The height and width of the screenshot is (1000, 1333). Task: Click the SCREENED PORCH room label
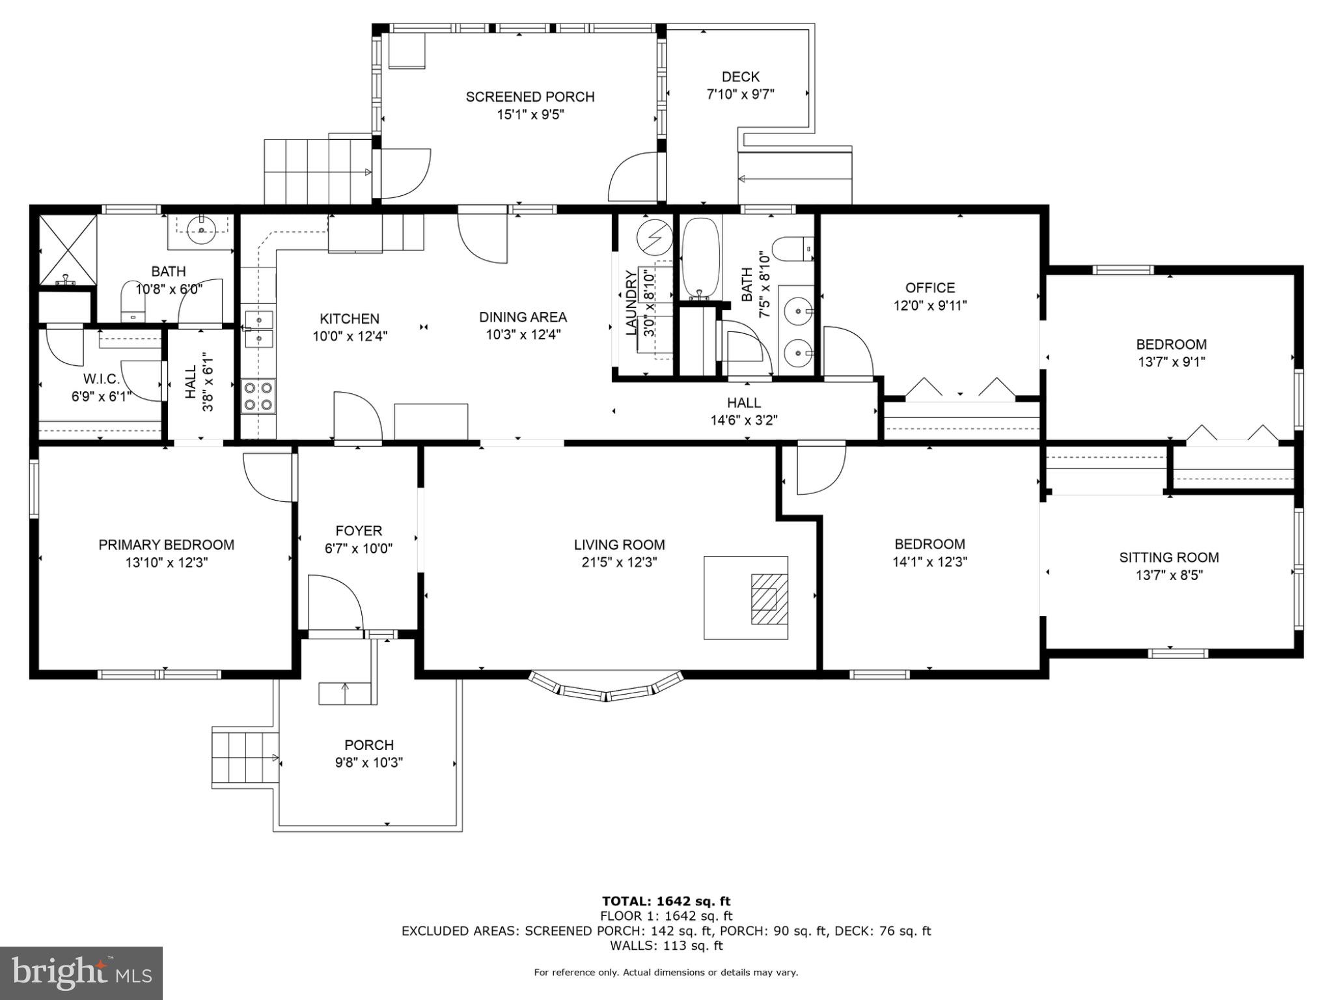[x=530, y=97]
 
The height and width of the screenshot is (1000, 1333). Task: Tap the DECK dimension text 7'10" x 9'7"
[x=740, y=94]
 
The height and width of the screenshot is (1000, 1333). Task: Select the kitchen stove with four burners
[x=258, y=396]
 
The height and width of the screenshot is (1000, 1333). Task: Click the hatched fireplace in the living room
[x=769, y=599]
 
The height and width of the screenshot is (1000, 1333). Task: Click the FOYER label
[x=358, y=531]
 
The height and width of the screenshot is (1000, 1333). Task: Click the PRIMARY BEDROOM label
[x=166, y=545]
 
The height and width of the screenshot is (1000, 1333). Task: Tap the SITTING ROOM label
[x=1168, y=557]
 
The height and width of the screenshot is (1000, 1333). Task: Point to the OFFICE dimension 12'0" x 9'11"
[x=929, y=305]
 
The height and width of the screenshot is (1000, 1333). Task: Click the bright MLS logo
[x=81, y=973]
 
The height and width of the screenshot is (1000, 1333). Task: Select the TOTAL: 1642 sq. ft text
[x=666, y=901]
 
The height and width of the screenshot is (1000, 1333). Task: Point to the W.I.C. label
[x=101, y=379]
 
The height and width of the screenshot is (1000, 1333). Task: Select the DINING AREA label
[x=523, y=317]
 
